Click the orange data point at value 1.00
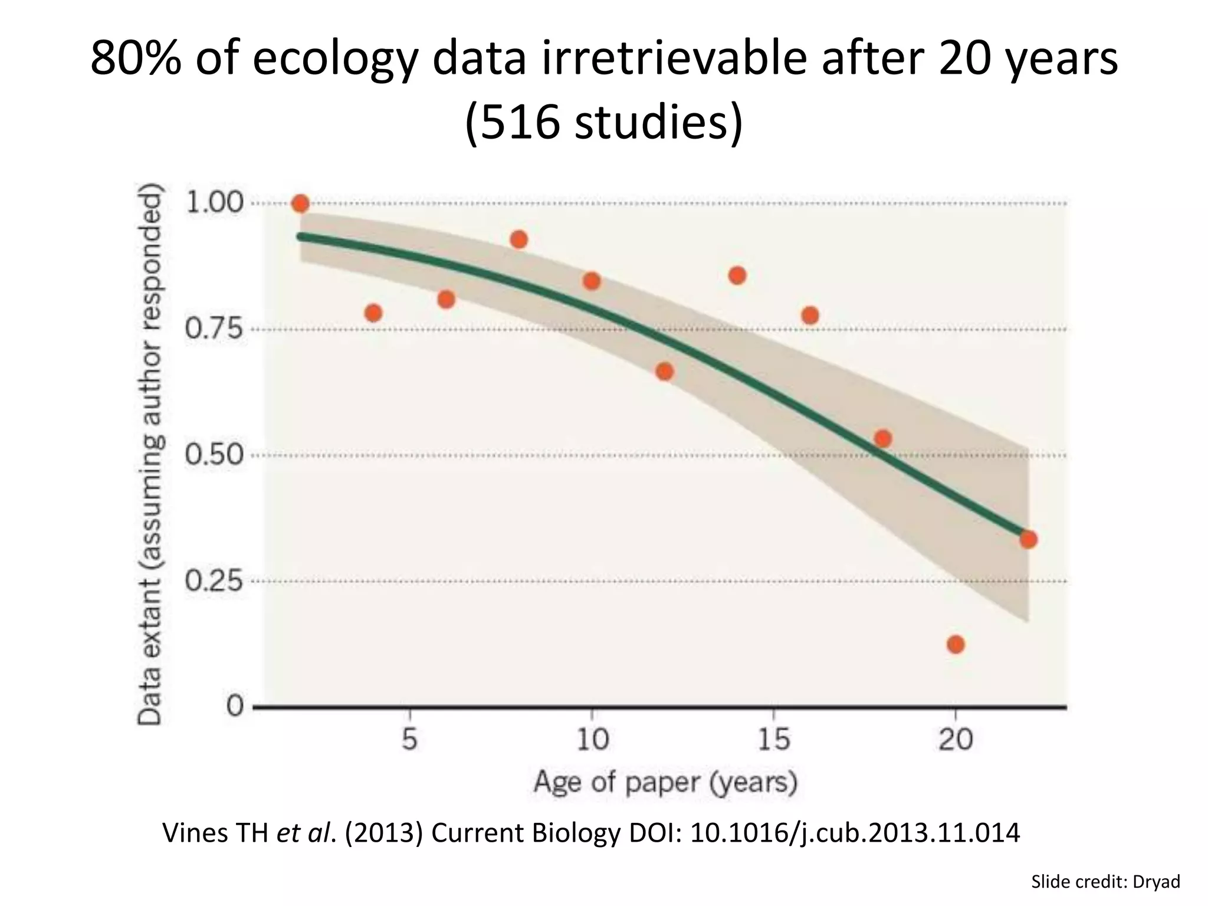pyautogui.click(x=300, y=204)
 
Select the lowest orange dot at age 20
pyautogui.click(x=956, y=644)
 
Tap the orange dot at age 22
pyautogui.click(x=1028, y=539)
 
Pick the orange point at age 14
pyautogui.click(x=737, y=275)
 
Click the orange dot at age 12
pyautogui.click(x=665, y=371)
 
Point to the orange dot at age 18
pyautogui.click(x=883, y=438)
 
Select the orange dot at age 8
pyautogui.click(x=519, y=239)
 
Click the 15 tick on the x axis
pyautogui.click(x=774, y=738)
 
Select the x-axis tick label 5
pyautogui.click(x=410, y=738)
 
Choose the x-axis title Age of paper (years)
pyautogui.click(x=665, y=782)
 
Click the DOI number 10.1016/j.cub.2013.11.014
pyautogui.click(x=855, y=833)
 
